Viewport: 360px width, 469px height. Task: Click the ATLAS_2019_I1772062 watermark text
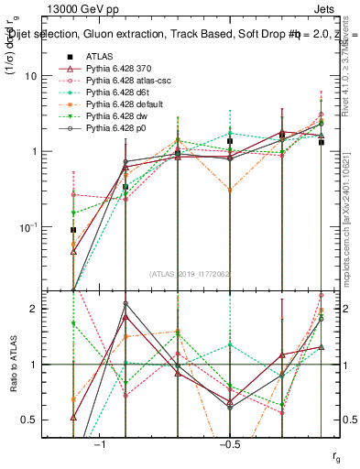(190, 274)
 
